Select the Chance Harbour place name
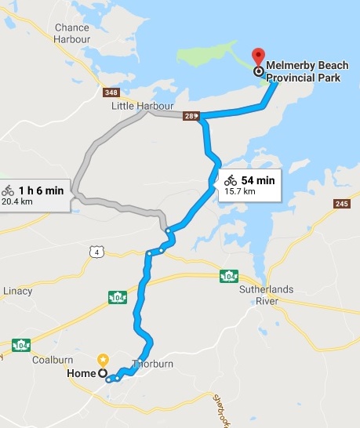[71, 34]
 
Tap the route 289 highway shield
[190, 116]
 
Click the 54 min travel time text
[258, 180]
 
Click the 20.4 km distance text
[17, 201]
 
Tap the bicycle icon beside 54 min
[231, 181]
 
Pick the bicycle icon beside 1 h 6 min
[8, 190]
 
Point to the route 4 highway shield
[95, 251]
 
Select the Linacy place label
[16, 291]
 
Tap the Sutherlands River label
[265, 295]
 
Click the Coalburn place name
[53, 361]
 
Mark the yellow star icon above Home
[103, 360]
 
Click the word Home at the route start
[81, 374]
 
